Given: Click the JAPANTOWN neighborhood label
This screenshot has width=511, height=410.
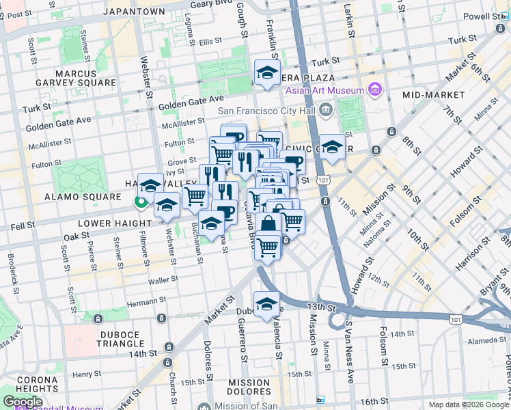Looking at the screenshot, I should click(134, 12).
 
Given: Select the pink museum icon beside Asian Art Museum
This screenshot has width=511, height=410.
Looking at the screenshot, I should click(374, 90).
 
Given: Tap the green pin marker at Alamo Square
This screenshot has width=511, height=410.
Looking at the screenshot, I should click(141, 202).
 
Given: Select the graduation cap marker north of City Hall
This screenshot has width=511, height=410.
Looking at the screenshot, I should click(267, 73).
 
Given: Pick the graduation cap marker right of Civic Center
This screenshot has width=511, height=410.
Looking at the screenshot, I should click(332, 147).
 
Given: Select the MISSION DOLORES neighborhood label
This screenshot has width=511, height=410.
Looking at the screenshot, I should click(249, 386).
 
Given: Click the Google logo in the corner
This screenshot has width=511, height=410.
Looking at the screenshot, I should click(23, 402).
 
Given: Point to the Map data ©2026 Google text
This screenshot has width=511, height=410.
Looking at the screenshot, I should click(469, 405).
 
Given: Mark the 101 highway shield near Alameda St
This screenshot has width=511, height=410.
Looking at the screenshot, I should click(455, 318).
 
